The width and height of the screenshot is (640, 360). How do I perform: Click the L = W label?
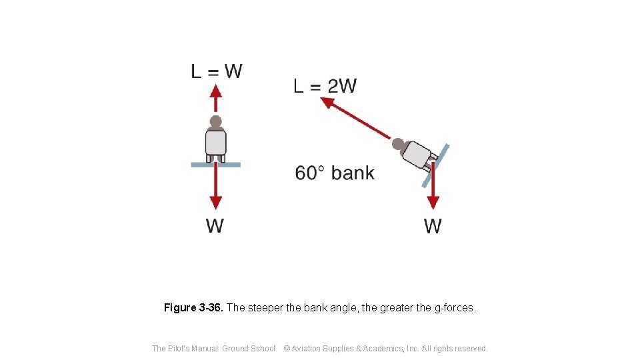(x=217, y=71)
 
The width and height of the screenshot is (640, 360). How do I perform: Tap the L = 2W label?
(x=325, y=86)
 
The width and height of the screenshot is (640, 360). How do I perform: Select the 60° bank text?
(x=335, y=173)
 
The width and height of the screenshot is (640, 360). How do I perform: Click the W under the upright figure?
(x=215, y=225)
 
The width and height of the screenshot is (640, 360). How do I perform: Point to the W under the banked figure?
(x=433, y=226)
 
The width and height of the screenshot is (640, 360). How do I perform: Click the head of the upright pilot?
(x=215, y=122)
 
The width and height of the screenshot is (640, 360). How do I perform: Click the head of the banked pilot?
(x=398, y=143)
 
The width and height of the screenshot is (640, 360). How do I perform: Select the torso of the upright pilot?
(x=215, y=142)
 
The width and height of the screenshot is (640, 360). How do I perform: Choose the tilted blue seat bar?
(x=436, y=165)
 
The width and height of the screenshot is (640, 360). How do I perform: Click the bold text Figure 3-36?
(x=194, y=308)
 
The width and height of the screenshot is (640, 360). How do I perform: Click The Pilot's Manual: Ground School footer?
(x=213, y=348)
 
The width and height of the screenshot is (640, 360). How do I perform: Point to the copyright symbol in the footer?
(x=287, y=348)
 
